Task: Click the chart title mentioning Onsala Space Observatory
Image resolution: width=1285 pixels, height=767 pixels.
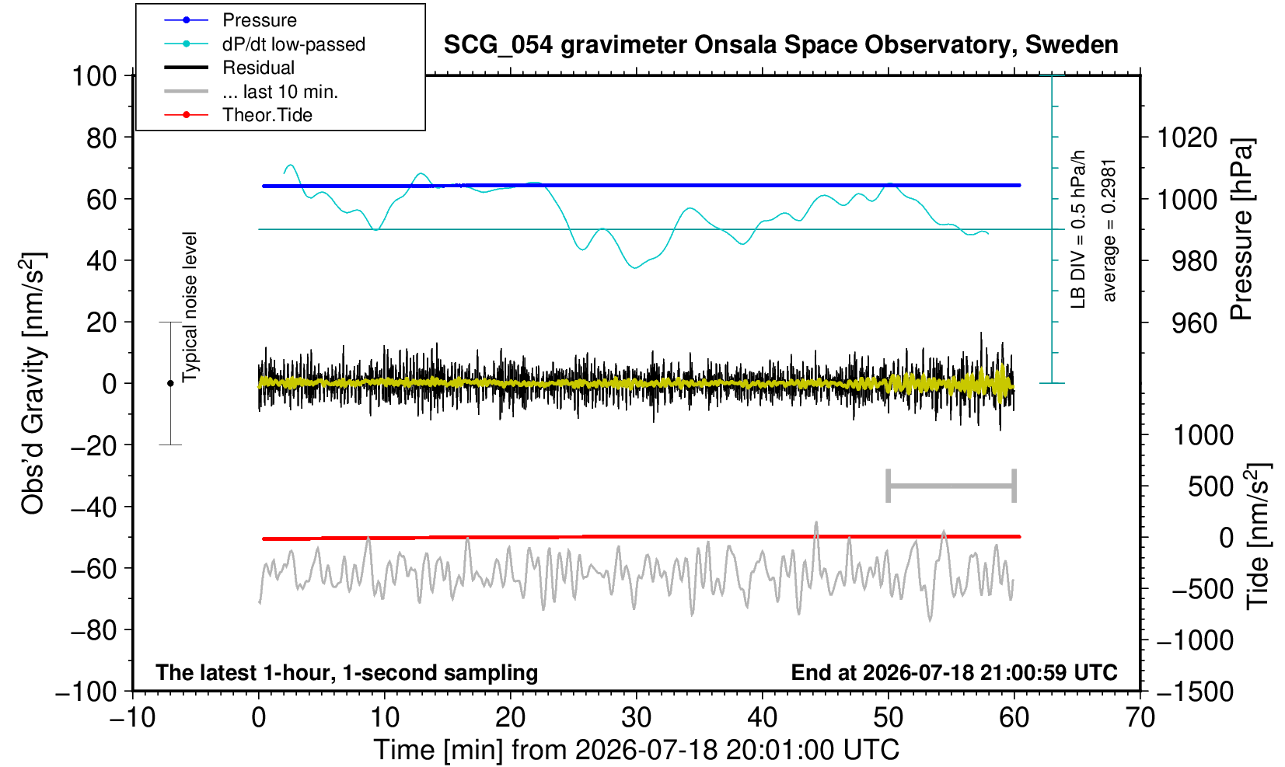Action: [780, 45]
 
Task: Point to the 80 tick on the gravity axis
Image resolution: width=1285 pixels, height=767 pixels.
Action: [102, 138]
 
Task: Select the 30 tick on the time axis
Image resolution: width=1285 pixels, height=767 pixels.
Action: [636, 718]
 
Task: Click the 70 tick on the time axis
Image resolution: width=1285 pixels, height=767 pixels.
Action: [1140, 718]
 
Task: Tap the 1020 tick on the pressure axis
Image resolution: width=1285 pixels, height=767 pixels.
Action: [1186, 138]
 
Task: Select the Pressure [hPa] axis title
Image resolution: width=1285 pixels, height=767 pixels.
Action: [1242, 229]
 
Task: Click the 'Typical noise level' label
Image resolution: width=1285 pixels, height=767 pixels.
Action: [190, 308]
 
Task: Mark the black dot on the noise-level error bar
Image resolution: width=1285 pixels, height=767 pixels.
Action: [170, 383]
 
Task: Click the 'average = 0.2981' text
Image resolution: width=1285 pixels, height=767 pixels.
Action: [1109, 231]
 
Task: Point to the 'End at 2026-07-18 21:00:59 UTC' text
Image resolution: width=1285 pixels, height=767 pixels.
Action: [954, 672]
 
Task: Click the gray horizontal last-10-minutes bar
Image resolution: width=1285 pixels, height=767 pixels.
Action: [952, 486]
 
